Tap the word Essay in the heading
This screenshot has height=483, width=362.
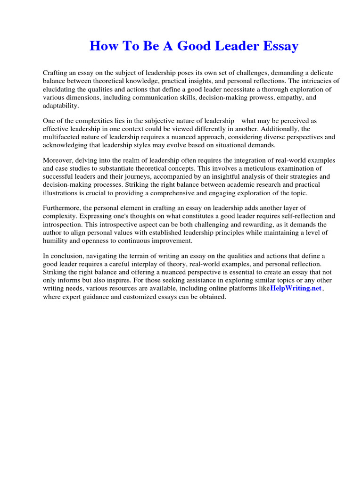point(279,46)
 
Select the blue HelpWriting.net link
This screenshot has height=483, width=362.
point(296,288)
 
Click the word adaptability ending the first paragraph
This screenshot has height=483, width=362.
point(61,106)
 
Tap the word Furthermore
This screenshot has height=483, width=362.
point(62,208)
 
